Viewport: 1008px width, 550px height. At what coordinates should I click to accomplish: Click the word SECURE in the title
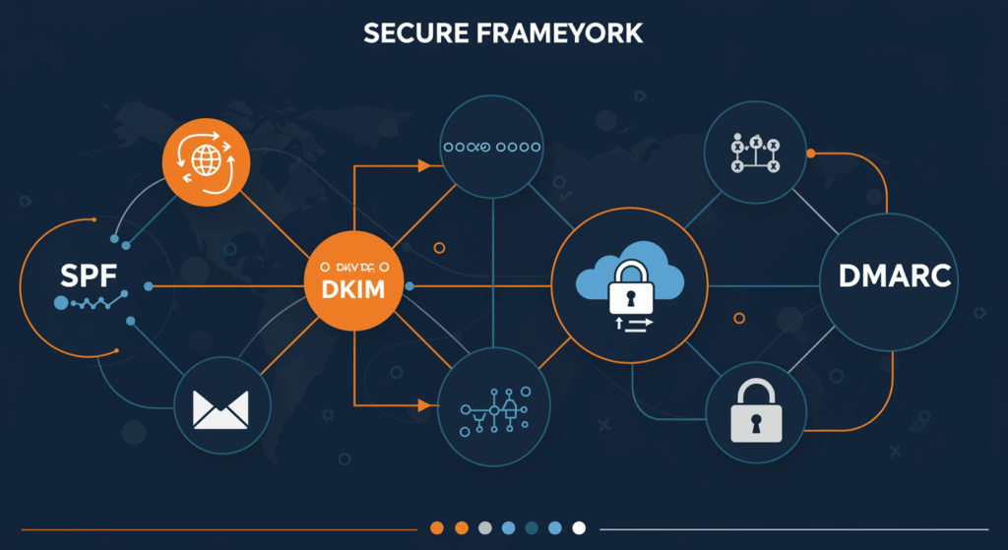[412, 32]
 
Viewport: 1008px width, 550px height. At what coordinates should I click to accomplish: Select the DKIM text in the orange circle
[353, 291]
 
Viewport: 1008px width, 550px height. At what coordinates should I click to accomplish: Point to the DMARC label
[896, 276]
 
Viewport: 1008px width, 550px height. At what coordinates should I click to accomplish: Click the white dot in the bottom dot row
[579, 527]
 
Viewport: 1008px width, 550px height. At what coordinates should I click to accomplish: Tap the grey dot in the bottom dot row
[484, 527]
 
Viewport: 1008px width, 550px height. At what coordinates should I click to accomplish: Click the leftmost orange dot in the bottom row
[437, 527]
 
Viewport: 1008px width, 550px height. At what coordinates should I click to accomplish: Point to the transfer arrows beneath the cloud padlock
[630, 325]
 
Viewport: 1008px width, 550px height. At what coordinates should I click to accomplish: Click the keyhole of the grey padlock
[755, 422]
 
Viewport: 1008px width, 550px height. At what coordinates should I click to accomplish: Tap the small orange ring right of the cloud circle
[739, 318]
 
